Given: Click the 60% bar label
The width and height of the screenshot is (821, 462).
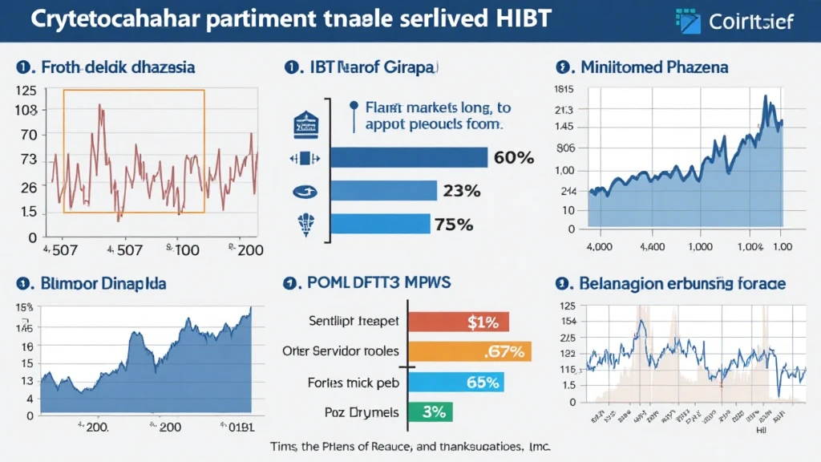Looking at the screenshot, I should pos(513,157).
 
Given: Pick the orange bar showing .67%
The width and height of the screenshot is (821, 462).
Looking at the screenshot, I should pos(470,351).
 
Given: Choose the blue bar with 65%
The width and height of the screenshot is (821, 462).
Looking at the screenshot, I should pos(456,382).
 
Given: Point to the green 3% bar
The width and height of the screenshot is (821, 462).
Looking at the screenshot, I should pos(431,412).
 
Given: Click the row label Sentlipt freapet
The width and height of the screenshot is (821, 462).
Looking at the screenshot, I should pos(354,322).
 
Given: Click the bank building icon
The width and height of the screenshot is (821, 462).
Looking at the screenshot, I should pos(305,124).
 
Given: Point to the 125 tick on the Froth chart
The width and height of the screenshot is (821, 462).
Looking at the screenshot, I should pos(26,90).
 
